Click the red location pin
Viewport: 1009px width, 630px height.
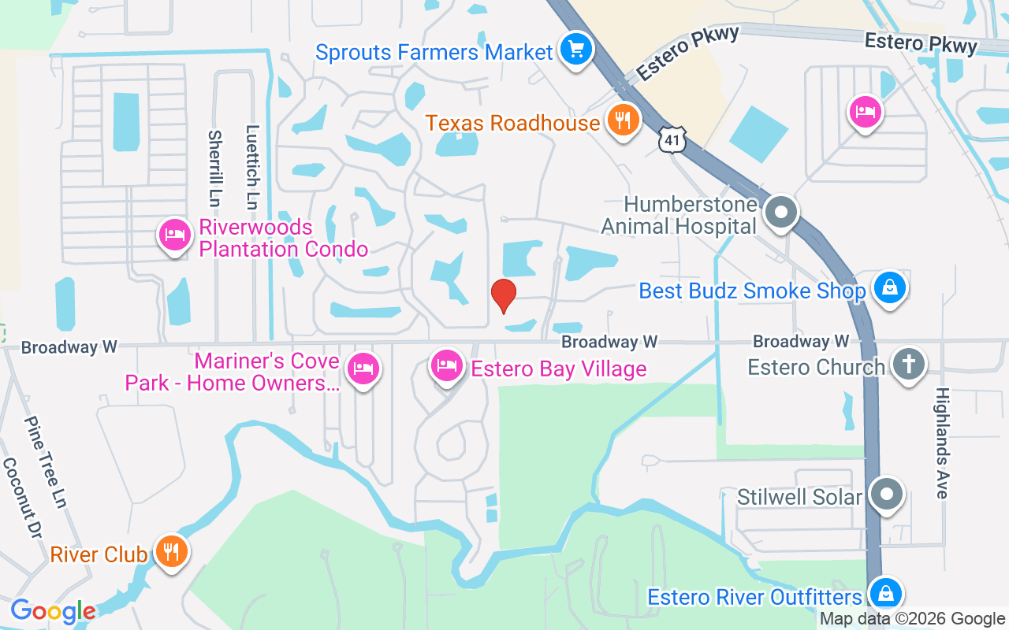(503, 296)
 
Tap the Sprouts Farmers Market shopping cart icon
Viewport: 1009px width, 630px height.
(576, 50)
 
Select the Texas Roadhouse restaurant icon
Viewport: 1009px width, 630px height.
(624, 120)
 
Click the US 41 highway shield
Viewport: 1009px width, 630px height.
(672, 139)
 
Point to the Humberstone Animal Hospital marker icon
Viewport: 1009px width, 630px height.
(781, 212)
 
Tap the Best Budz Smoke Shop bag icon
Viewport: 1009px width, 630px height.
(889, 288)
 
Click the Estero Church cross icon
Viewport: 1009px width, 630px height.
(908, 364)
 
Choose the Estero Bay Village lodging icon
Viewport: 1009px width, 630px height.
(446, 366)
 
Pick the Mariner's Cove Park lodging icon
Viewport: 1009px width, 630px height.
(363, 368)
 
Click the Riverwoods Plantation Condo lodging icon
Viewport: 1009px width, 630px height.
(175, 235)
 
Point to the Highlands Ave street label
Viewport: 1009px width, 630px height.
(941, 443)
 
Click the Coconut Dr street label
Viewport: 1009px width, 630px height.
(21, 500)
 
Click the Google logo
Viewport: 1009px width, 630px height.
(53, 611)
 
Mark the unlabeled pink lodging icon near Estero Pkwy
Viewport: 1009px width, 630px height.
(865, 112)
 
